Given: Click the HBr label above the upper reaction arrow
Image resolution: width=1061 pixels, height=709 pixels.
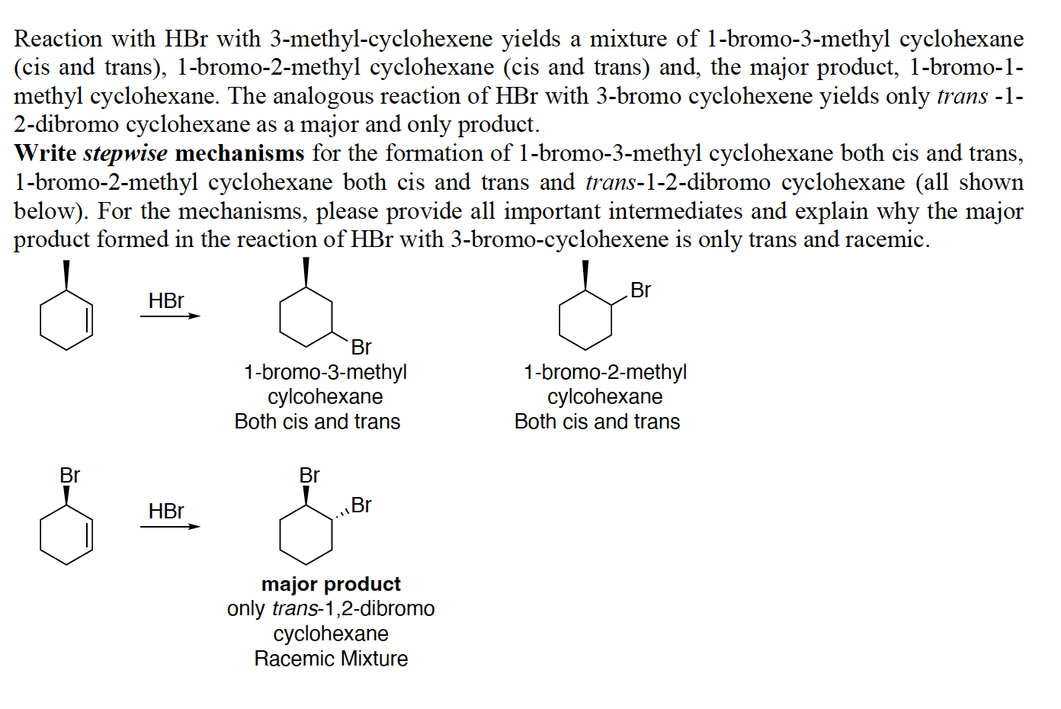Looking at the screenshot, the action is pyautogui.click(x=166, y=300).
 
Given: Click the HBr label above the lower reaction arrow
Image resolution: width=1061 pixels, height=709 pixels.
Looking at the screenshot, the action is pyautogui.click(x=166, y=511).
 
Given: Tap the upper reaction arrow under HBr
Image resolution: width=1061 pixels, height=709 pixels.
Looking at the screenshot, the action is pyautogui.click(x=170, y=316).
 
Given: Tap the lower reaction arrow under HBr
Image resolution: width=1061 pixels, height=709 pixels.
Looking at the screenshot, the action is pyautogui.click(x=170, y=526).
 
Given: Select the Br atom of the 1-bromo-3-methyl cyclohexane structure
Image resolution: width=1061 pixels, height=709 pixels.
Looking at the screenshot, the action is pyautogui.click(x=361, y=348).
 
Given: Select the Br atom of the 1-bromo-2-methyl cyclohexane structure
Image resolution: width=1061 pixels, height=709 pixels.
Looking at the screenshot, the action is pyautogui.click(x=640, y=290).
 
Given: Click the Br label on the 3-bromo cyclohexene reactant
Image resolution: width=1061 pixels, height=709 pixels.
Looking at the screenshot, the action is pyautogui.click(x=69, y=476).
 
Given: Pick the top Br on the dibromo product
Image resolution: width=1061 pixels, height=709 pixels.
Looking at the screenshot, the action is pyautogui.click(x=309, y=476).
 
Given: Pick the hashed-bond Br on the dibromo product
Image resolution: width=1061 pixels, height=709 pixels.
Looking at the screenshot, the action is pyautogui.click(x=361, y=505).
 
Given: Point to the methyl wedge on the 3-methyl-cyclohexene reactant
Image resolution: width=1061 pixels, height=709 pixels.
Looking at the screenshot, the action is pyautogui.click(x=66, y=275).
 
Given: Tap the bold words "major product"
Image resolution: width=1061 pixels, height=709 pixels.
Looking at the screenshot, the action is pyautogui.click(x=331, y=584).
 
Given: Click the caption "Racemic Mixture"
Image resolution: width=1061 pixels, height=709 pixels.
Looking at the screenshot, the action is pyautogui.click(x=331, y=659).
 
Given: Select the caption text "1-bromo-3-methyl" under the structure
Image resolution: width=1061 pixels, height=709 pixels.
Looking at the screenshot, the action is pyautogui.click(x=325, y=372).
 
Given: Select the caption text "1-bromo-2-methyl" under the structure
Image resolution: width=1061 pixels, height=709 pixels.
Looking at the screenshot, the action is pyautogui.click(x=605, y=372).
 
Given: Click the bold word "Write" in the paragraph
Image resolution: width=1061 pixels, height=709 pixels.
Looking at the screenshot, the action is pyautogui.click(x=45, y=153).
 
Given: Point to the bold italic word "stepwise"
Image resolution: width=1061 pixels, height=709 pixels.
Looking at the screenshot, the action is pyautogui.click(x=125, y=153).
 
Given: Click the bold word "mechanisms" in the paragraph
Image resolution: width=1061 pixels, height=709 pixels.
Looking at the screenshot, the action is pyautogui.click(x=239, y=153).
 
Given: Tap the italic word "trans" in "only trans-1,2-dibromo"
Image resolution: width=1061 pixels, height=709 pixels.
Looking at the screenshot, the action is pyautogui.click(x=293, y=609).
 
